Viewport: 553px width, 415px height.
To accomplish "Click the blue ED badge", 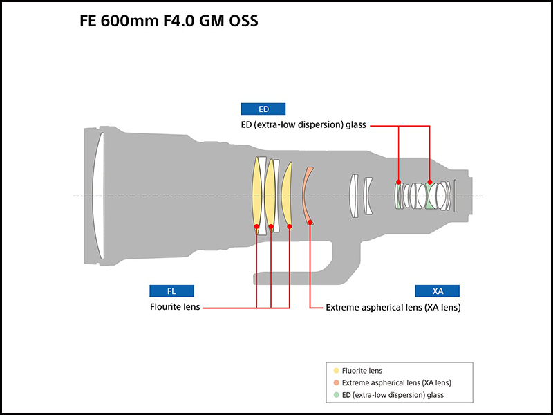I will [x=263, y=109].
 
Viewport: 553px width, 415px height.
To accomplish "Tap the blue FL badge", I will [x=171, y=291].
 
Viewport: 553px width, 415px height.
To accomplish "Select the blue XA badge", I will [x=438, y=291].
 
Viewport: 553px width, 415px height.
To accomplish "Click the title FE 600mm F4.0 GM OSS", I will [x=169, y=21].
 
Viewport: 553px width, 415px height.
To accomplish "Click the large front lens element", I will [x=99, y=196].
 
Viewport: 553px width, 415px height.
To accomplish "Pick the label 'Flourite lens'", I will [x=174, y=306].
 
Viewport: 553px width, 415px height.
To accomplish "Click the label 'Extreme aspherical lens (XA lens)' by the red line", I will [x=393, y=306].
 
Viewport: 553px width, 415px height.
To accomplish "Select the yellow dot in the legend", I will [x=336, y=371].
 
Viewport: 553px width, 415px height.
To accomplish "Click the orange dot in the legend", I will [x=336, y=382].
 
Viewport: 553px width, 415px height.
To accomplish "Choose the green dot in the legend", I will [x=336, y=395].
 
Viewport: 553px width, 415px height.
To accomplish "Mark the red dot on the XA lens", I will [x=310, y=223].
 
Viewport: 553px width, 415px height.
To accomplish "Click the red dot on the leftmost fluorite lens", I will [x=256, y=226].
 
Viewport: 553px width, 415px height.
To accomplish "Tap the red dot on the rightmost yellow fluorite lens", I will [x=290, y=226].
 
